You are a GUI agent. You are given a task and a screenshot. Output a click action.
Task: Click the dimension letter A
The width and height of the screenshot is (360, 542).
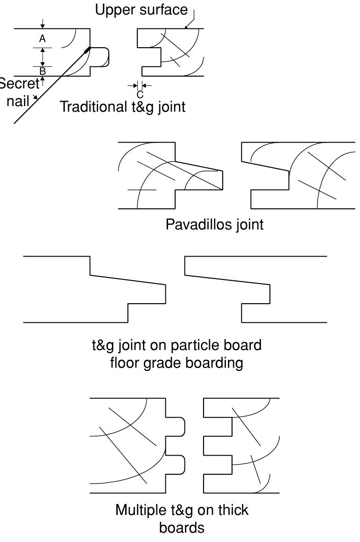tap(42, 38)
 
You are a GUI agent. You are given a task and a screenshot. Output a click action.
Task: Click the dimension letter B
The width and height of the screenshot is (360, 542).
tap(42, 71)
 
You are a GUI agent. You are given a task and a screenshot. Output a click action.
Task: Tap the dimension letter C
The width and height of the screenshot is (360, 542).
tap(140, 94)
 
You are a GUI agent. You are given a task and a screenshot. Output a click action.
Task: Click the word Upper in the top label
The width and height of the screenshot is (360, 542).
tap(115, 10)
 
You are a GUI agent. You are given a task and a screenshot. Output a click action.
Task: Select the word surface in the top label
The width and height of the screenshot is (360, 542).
tap(163, 10)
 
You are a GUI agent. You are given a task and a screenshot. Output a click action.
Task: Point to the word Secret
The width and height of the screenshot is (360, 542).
tap(19, 84)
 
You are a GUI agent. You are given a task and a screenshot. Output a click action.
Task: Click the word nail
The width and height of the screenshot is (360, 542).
tap(18, 101)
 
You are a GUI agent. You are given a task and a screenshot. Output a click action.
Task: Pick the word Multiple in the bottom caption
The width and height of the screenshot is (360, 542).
tap(141, 510)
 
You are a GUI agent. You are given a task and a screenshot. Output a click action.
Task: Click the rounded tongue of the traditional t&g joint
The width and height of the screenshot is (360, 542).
tap(100, 57)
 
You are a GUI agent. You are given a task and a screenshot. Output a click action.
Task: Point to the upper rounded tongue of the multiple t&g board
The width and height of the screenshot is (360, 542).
tap(176, 427)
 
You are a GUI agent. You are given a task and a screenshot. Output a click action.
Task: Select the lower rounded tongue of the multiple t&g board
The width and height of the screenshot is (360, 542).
tap(176, 464)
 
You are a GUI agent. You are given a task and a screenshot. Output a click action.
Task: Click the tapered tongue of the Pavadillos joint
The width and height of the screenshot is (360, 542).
tap(199, 176)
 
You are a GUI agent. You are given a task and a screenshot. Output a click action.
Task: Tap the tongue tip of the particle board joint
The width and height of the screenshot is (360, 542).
tap(165, 294)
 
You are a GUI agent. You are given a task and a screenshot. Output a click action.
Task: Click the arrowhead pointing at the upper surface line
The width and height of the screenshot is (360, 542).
tap(187, 26)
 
